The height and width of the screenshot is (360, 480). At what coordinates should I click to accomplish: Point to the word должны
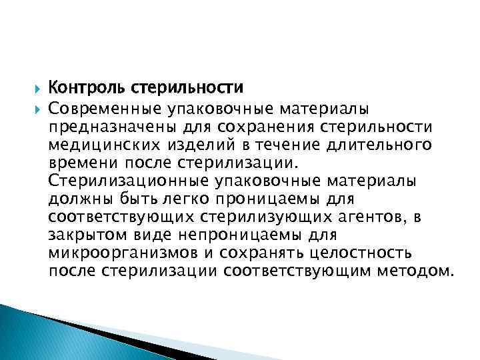click(74, 199)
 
